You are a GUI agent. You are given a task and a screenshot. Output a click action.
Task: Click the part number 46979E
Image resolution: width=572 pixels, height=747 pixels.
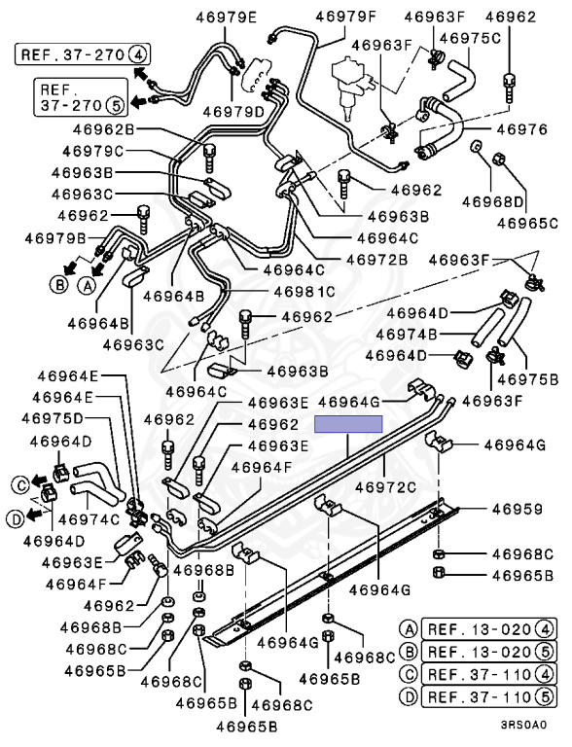pyautogui.click(x=226, y=18)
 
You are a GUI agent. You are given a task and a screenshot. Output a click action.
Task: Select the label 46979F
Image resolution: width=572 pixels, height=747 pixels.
pyautogui.click(x=346, y=17)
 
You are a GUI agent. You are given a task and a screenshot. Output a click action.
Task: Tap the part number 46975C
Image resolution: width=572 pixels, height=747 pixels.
pyautogui.click(x=470, y=38)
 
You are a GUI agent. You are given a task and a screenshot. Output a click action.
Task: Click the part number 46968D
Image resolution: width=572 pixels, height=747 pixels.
pyautogui.click(x=493, y=201)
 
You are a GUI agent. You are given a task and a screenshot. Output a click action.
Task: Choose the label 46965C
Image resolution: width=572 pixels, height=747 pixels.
pyautogui.click(x=527, y=223)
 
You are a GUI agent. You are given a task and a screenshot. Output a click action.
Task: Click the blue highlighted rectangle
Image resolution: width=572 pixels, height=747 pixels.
pyautogui.click(x=348, y=424)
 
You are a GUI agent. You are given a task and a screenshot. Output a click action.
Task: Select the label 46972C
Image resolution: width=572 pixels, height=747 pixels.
pyautogui.click(x=385, y=487)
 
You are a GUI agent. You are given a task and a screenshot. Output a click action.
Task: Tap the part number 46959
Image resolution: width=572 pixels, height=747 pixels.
pyautogui.click(x=518, y=509)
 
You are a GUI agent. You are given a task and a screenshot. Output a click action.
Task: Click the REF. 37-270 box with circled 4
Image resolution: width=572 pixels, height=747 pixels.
pyautogui.click(x=83, y=54)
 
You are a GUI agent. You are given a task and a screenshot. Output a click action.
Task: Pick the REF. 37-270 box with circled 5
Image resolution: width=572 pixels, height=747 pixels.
pyautogui.click(x=81, y=97)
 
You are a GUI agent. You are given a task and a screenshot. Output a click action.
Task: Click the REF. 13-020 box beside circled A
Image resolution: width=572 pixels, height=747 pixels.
pyautogui.click(x=489, y=629)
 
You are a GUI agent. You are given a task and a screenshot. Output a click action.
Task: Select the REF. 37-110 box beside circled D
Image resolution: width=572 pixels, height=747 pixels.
pyautogui.click(x=489, y=697)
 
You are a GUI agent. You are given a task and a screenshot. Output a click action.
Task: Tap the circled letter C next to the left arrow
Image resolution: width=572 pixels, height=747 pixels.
pyautogui.click(x=21, y=485)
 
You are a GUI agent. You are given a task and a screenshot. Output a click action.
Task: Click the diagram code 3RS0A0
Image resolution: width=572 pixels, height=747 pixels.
pyautogui.click(x=523, y=725)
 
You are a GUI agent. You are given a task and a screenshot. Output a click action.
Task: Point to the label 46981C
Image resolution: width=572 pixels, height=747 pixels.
pyautogui.click(x=304, y=291)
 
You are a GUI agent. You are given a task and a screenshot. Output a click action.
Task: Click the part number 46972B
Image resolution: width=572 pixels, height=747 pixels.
pyautogui.click(x=377, y=260)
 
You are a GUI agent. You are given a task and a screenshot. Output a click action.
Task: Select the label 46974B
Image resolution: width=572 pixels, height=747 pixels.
pyautogui.click(x=406, y=335)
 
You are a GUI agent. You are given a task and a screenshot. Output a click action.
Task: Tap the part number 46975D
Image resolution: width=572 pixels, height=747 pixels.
pyautogui.click(x=52, y=418)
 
